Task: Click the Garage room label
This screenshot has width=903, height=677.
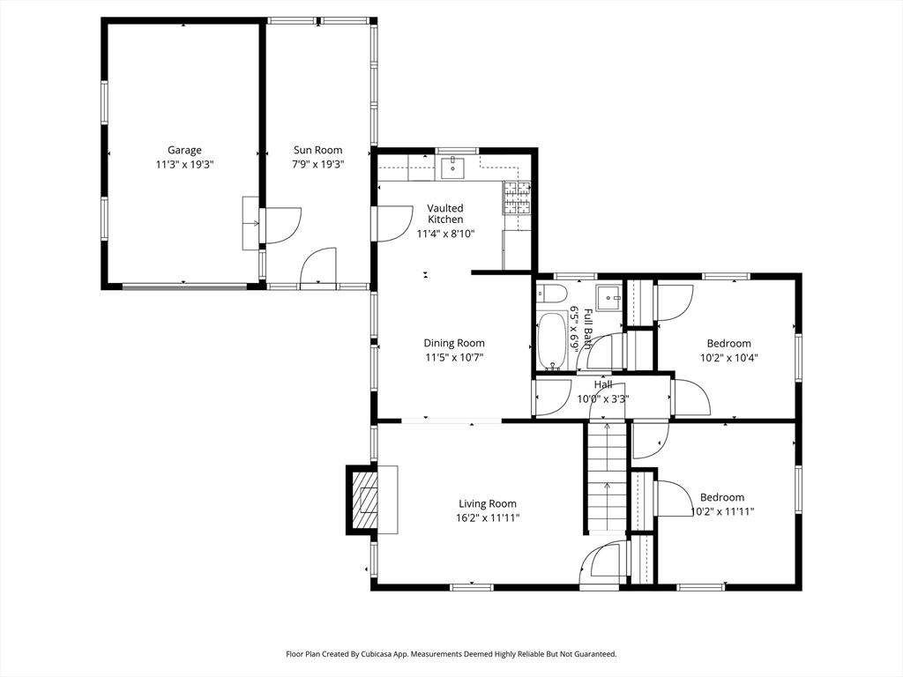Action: click(184, 150)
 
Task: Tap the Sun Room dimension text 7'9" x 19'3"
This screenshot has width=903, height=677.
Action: click(317, 165)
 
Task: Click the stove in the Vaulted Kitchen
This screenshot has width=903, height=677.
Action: click(517, 197)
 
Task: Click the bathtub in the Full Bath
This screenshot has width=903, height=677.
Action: click(553, 341)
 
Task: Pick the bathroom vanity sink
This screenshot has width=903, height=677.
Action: click(608, 298)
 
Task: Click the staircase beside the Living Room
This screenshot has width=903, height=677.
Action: click(607, 477)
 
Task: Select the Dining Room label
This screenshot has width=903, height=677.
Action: click(454, 343)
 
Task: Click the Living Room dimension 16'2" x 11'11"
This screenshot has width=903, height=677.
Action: click(488, 518)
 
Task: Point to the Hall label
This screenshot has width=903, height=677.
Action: click(603, 384)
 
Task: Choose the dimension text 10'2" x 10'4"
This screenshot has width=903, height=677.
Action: click(729, 358)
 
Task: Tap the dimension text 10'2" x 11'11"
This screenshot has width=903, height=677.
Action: click(723, 511)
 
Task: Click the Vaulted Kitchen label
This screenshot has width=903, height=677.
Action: click(445, 213)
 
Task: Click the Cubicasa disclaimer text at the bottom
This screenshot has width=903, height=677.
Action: click(451, 654)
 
